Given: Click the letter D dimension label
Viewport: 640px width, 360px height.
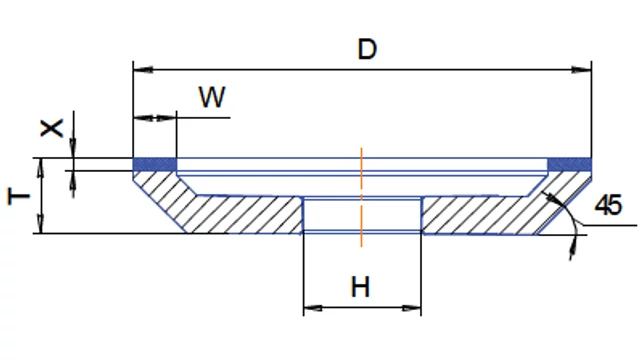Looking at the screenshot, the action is click(367, 49).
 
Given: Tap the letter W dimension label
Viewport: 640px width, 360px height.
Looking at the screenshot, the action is click(212, 97).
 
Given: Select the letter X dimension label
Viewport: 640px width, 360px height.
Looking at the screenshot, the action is click(51, 128).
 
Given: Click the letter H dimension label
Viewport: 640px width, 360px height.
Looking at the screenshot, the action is click(360, 287).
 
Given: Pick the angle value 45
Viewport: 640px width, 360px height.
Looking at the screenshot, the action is click(609, 205).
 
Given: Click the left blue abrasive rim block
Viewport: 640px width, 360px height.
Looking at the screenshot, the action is click(155, 164).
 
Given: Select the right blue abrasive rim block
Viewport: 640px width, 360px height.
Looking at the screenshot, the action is click(569, 164).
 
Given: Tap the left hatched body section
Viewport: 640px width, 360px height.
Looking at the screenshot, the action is click(220, 208).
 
